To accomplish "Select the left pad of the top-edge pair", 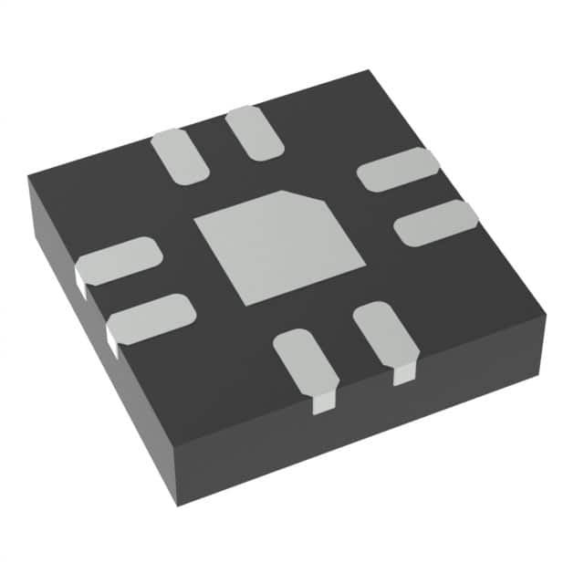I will pos(180,156).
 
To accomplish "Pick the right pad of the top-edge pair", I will pos(255,132).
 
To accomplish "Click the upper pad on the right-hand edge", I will pos(397,169).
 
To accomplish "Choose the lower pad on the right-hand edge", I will pos(435,223).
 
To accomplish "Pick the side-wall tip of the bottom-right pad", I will pos(404,375).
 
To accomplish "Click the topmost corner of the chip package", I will pos(368,71).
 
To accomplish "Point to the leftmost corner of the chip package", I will pos(28,178).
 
